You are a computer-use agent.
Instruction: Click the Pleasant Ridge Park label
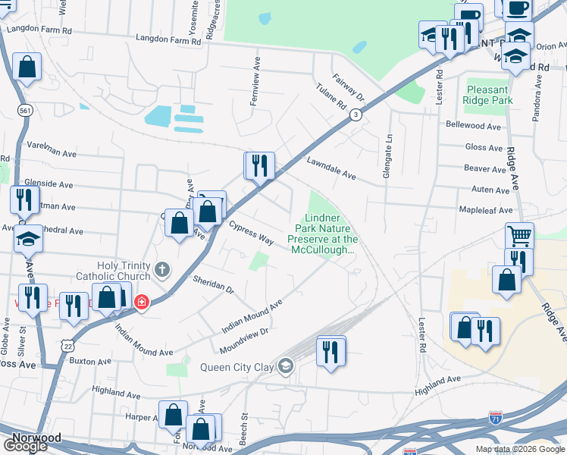[488, 94]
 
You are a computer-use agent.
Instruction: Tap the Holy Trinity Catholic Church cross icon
[161, 269]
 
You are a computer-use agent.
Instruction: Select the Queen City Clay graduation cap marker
[285, 367]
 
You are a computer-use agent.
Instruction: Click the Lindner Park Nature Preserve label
[322, 234]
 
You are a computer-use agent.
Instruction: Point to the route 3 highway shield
[355, 114]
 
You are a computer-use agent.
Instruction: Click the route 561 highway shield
[26, 111]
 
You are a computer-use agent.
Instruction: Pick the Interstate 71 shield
[494, 417]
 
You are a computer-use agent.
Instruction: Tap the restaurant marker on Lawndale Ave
[259, 165]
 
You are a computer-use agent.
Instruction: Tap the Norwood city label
[36, 438]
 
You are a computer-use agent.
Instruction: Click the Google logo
[24, 446]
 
